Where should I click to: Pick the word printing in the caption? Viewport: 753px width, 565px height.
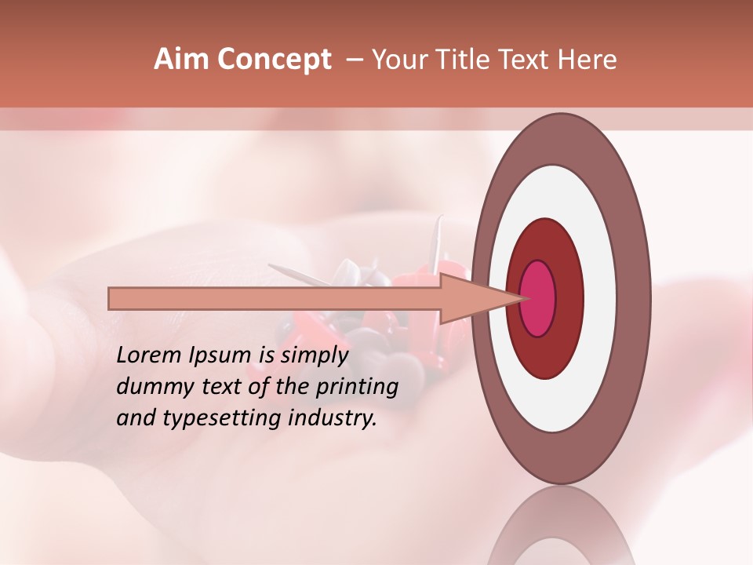(356, 388)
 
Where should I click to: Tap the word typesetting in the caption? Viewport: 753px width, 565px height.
(206, 419)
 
